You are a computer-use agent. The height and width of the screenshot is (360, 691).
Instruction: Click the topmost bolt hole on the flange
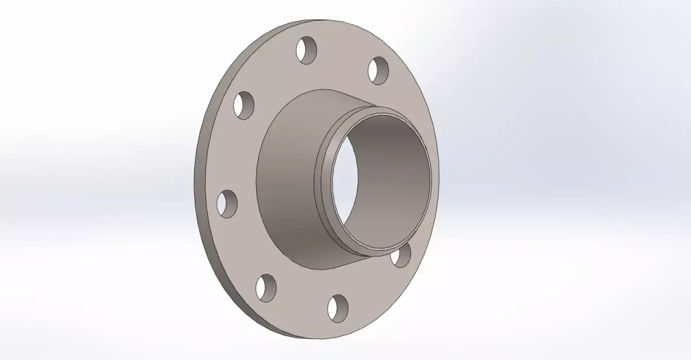pos(308,50)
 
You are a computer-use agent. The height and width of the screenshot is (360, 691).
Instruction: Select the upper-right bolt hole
pos(378,70)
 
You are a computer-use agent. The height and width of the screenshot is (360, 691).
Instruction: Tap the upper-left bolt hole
pos(244,105)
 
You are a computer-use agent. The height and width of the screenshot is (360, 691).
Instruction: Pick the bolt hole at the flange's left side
pos(227,203)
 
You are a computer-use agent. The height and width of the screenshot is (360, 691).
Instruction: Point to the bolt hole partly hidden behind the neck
pos(401,256)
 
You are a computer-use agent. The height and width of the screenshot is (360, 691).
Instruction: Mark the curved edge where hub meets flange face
pos(257,173)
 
